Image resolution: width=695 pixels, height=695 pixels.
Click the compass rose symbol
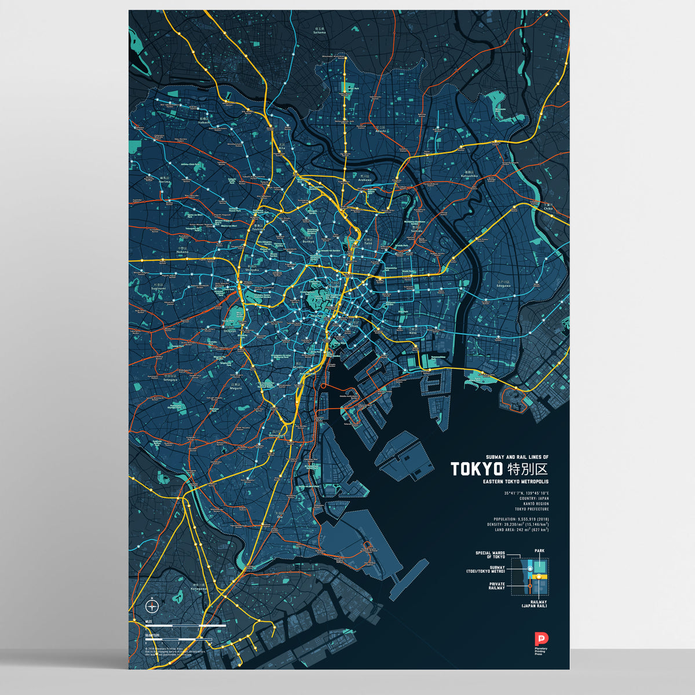[x=152, y=606]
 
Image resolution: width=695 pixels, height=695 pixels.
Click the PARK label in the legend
[x=539, y=551]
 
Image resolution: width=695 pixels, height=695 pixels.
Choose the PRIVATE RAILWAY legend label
[x=496, y=586]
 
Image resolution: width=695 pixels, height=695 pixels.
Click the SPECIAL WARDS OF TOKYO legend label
[x=490, y=555]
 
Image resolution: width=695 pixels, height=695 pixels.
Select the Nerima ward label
[x=166, y=181]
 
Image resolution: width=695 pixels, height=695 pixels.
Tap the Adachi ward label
[x=380, y=131]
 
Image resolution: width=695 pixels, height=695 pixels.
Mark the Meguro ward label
[x=236, y=387]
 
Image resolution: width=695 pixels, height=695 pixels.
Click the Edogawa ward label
[x=503, y=285]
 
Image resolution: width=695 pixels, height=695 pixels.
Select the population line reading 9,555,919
[x=521, y=519]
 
